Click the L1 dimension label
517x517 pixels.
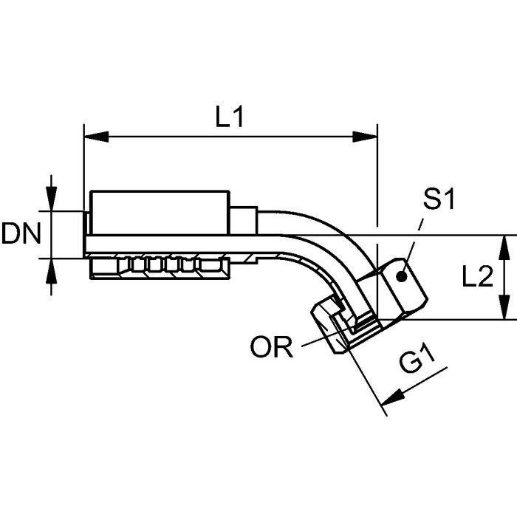(230, 117)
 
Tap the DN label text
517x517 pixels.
(21, 233)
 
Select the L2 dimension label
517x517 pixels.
(477, 277)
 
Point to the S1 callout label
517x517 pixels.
(439, 199)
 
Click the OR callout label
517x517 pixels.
(272, 346)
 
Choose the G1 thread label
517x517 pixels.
(417, 360)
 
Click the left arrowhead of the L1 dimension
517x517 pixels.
(96, 137)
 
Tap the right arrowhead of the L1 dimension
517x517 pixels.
(365, 137)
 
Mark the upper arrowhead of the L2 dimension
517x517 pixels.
(503, 247)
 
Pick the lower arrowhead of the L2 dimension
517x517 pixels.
(503, 307)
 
